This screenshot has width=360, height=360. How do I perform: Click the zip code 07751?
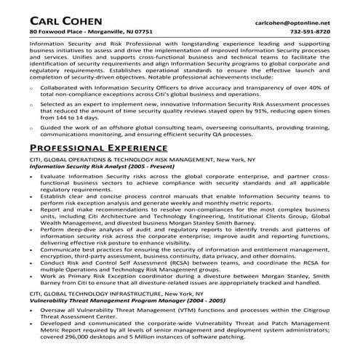point(143,33)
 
